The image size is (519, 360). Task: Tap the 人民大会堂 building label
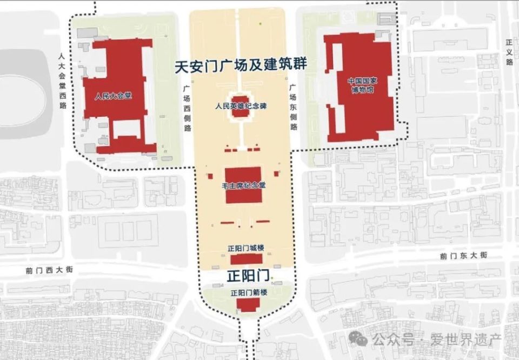[x=114, y=96]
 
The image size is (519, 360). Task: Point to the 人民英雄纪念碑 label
[x=241, y=106]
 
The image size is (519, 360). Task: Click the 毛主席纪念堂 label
[x=243, y=185]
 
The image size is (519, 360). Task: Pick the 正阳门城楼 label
[x=246, y=248]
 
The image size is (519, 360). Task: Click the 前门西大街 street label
[x=49, y=269]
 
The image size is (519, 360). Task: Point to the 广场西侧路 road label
[x=187, y=108]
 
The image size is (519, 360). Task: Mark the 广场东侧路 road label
[x=294, y=108]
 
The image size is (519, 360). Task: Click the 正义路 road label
[x=509, y=52]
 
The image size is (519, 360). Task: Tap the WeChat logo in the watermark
[x=357, y=339]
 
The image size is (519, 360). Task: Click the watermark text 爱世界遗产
[x=465, y=340]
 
